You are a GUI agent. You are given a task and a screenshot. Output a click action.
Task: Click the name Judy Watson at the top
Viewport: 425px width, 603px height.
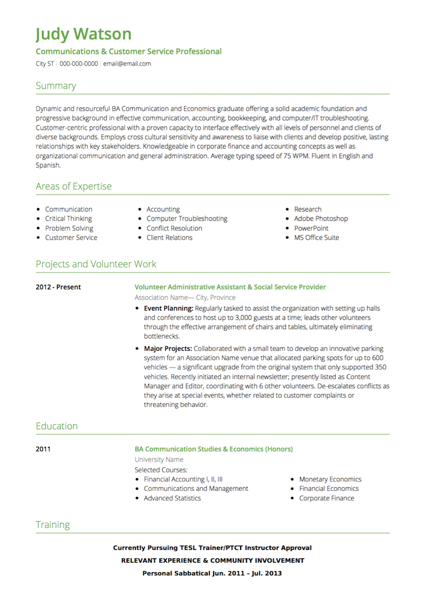click(x=83, y=34)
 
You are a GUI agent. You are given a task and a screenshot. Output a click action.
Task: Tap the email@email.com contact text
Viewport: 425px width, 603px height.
click(x=127, y=64)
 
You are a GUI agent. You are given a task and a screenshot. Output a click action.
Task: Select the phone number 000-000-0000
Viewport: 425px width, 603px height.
click(x=79, y=64)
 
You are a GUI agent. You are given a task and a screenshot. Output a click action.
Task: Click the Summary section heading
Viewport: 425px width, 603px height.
click(x=56, y=86)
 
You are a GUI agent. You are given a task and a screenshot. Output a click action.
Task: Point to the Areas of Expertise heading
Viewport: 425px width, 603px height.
click(x=73, y=186)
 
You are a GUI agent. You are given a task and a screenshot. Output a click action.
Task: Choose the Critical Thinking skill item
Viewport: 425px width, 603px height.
click(x=68, y=218)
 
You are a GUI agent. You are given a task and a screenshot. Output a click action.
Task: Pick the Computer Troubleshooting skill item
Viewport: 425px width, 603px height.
click(x=186, y=218)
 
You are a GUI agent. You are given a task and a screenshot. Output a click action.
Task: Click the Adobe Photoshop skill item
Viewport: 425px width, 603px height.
click(x=321, y=218)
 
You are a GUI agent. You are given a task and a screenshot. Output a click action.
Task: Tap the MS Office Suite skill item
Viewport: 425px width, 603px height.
click(x=316, y=237)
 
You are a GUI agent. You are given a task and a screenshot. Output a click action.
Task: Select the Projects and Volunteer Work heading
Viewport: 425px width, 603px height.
click(x=96, y=264)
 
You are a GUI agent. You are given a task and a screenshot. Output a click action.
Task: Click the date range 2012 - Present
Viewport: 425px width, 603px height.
click(x=58, y=287)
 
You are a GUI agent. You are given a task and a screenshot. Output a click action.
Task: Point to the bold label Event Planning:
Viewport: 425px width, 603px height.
click(x=168, y=308)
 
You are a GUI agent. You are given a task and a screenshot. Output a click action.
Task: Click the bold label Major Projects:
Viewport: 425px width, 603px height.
click(x=167, y=349)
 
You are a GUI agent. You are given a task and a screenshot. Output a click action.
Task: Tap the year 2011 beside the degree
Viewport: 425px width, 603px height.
click(x=43, y=449)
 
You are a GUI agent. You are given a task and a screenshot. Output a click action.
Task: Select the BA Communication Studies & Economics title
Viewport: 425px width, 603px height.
click(x=214, y=449)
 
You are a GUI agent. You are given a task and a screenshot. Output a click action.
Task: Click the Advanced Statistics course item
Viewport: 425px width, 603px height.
click(x=172, y=498)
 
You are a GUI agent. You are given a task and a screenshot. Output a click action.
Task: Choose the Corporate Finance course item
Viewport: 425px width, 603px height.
click(x=326, y=498)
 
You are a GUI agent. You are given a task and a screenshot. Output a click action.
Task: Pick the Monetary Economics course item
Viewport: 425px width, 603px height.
click(x=330, y=479)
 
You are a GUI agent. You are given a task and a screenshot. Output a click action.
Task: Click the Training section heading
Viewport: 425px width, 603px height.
click(x=53, y=525)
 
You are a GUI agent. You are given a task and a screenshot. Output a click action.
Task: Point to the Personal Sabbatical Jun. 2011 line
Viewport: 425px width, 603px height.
click(x=212, y=573)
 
